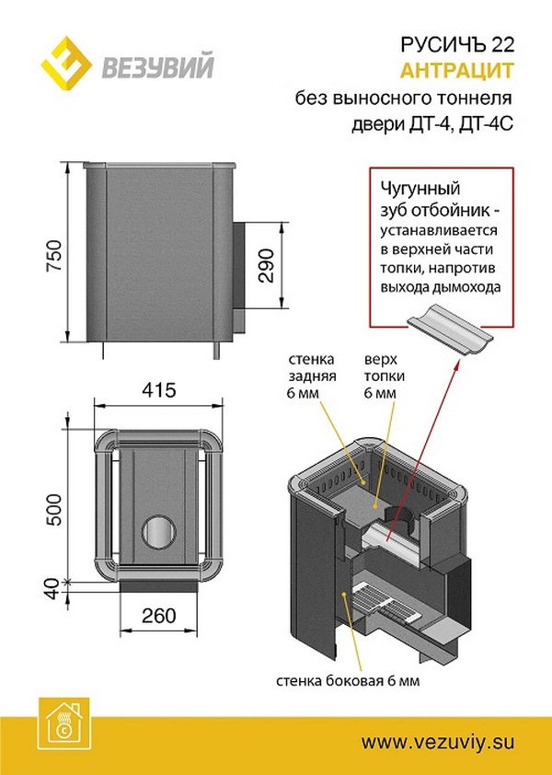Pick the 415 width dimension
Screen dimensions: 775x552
click(160, 389)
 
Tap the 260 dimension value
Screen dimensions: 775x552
click(160, 614)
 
